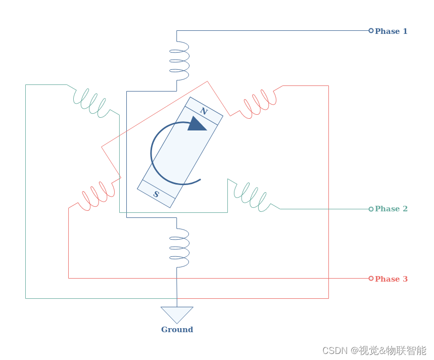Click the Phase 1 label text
tap(391, 31)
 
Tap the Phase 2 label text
tap(391, 209)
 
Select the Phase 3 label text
tap(391, 279)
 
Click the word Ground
tap(177, 330)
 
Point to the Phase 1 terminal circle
tap(371, 31)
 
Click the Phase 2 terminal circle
tap(371, 209)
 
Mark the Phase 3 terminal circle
tap(371, 279)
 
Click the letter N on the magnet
tap(204, 111)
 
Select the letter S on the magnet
tap(156, 194)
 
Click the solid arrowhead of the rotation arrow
tap(197, 124)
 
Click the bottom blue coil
tap(179, 248)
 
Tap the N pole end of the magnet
tap(204, 111)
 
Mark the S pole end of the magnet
tap(156, 194)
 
